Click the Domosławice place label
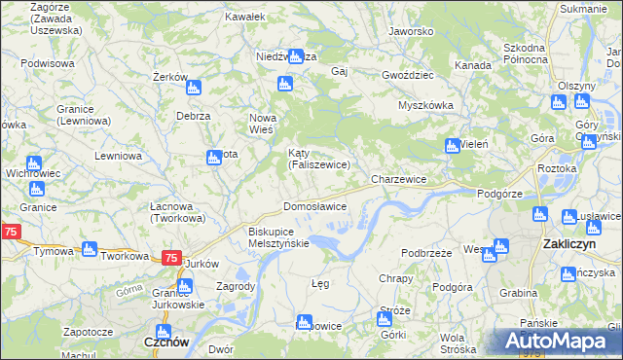(314, 207)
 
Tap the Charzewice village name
(399, 180)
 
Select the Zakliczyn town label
(569, 246)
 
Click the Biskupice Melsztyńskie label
(278, 237)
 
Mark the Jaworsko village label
(410, 31)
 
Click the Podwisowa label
(48, 63)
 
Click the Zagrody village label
(235, 287)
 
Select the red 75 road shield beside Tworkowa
(170, 258)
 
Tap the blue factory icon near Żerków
(193, 88)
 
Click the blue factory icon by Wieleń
(452, 146)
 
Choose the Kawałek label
(244, 18)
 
